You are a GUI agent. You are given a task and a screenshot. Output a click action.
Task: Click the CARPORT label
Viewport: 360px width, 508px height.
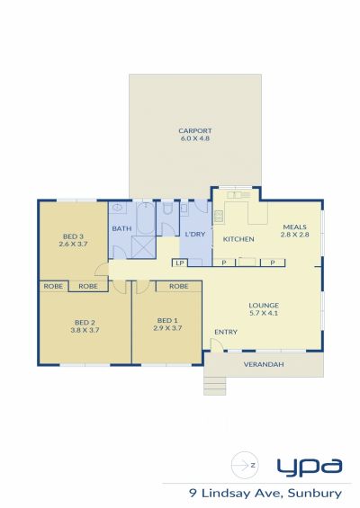[195, 131]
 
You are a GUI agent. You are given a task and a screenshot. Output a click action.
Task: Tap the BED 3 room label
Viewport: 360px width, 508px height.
[73, 236]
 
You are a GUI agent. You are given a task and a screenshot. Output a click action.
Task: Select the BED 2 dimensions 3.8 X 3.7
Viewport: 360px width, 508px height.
[85, 331]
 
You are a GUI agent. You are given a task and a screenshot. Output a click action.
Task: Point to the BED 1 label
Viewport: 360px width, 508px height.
[167, 321]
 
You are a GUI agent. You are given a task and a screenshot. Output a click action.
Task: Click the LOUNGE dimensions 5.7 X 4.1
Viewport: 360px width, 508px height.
[264, 313]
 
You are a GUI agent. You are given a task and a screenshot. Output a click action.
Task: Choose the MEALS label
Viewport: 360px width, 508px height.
[295, 227]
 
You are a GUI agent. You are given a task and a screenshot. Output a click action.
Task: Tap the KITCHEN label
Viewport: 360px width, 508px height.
[238, 239]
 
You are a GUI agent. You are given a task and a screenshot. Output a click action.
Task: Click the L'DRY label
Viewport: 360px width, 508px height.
[195, 235]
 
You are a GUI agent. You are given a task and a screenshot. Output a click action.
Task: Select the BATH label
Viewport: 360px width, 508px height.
[121, 228]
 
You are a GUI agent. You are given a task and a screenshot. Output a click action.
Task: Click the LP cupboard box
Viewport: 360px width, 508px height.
[180, 263]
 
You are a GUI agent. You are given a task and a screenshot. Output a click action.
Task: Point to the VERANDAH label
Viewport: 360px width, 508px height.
[264, 364]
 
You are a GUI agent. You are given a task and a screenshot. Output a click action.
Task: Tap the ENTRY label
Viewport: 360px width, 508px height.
[226, 332]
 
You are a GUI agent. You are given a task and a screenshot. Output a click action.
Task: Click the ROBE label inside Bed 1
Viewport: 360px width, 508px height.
[179, 287]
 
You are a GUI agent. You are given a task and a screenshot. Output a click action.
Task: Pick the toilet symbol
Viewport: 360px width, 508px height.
[167, 209]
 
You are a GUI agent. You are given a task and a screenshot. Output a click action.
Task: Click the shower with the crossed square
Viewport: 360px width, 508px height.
[144, 248]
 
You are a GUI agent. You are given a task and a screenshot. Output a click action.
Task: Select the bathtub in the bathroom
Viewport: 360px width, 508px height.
[146, 218]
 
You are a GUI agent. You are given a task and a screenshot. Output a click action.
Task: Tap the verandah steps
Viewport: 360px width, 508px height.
[214, 386]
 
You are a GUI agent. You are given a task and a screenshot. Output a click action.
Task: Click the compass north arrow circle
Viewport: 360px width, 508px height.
[245, 465]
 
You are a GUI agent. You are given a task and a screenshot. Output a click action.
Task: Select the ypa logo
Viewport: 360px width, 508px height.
[310, 468]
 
